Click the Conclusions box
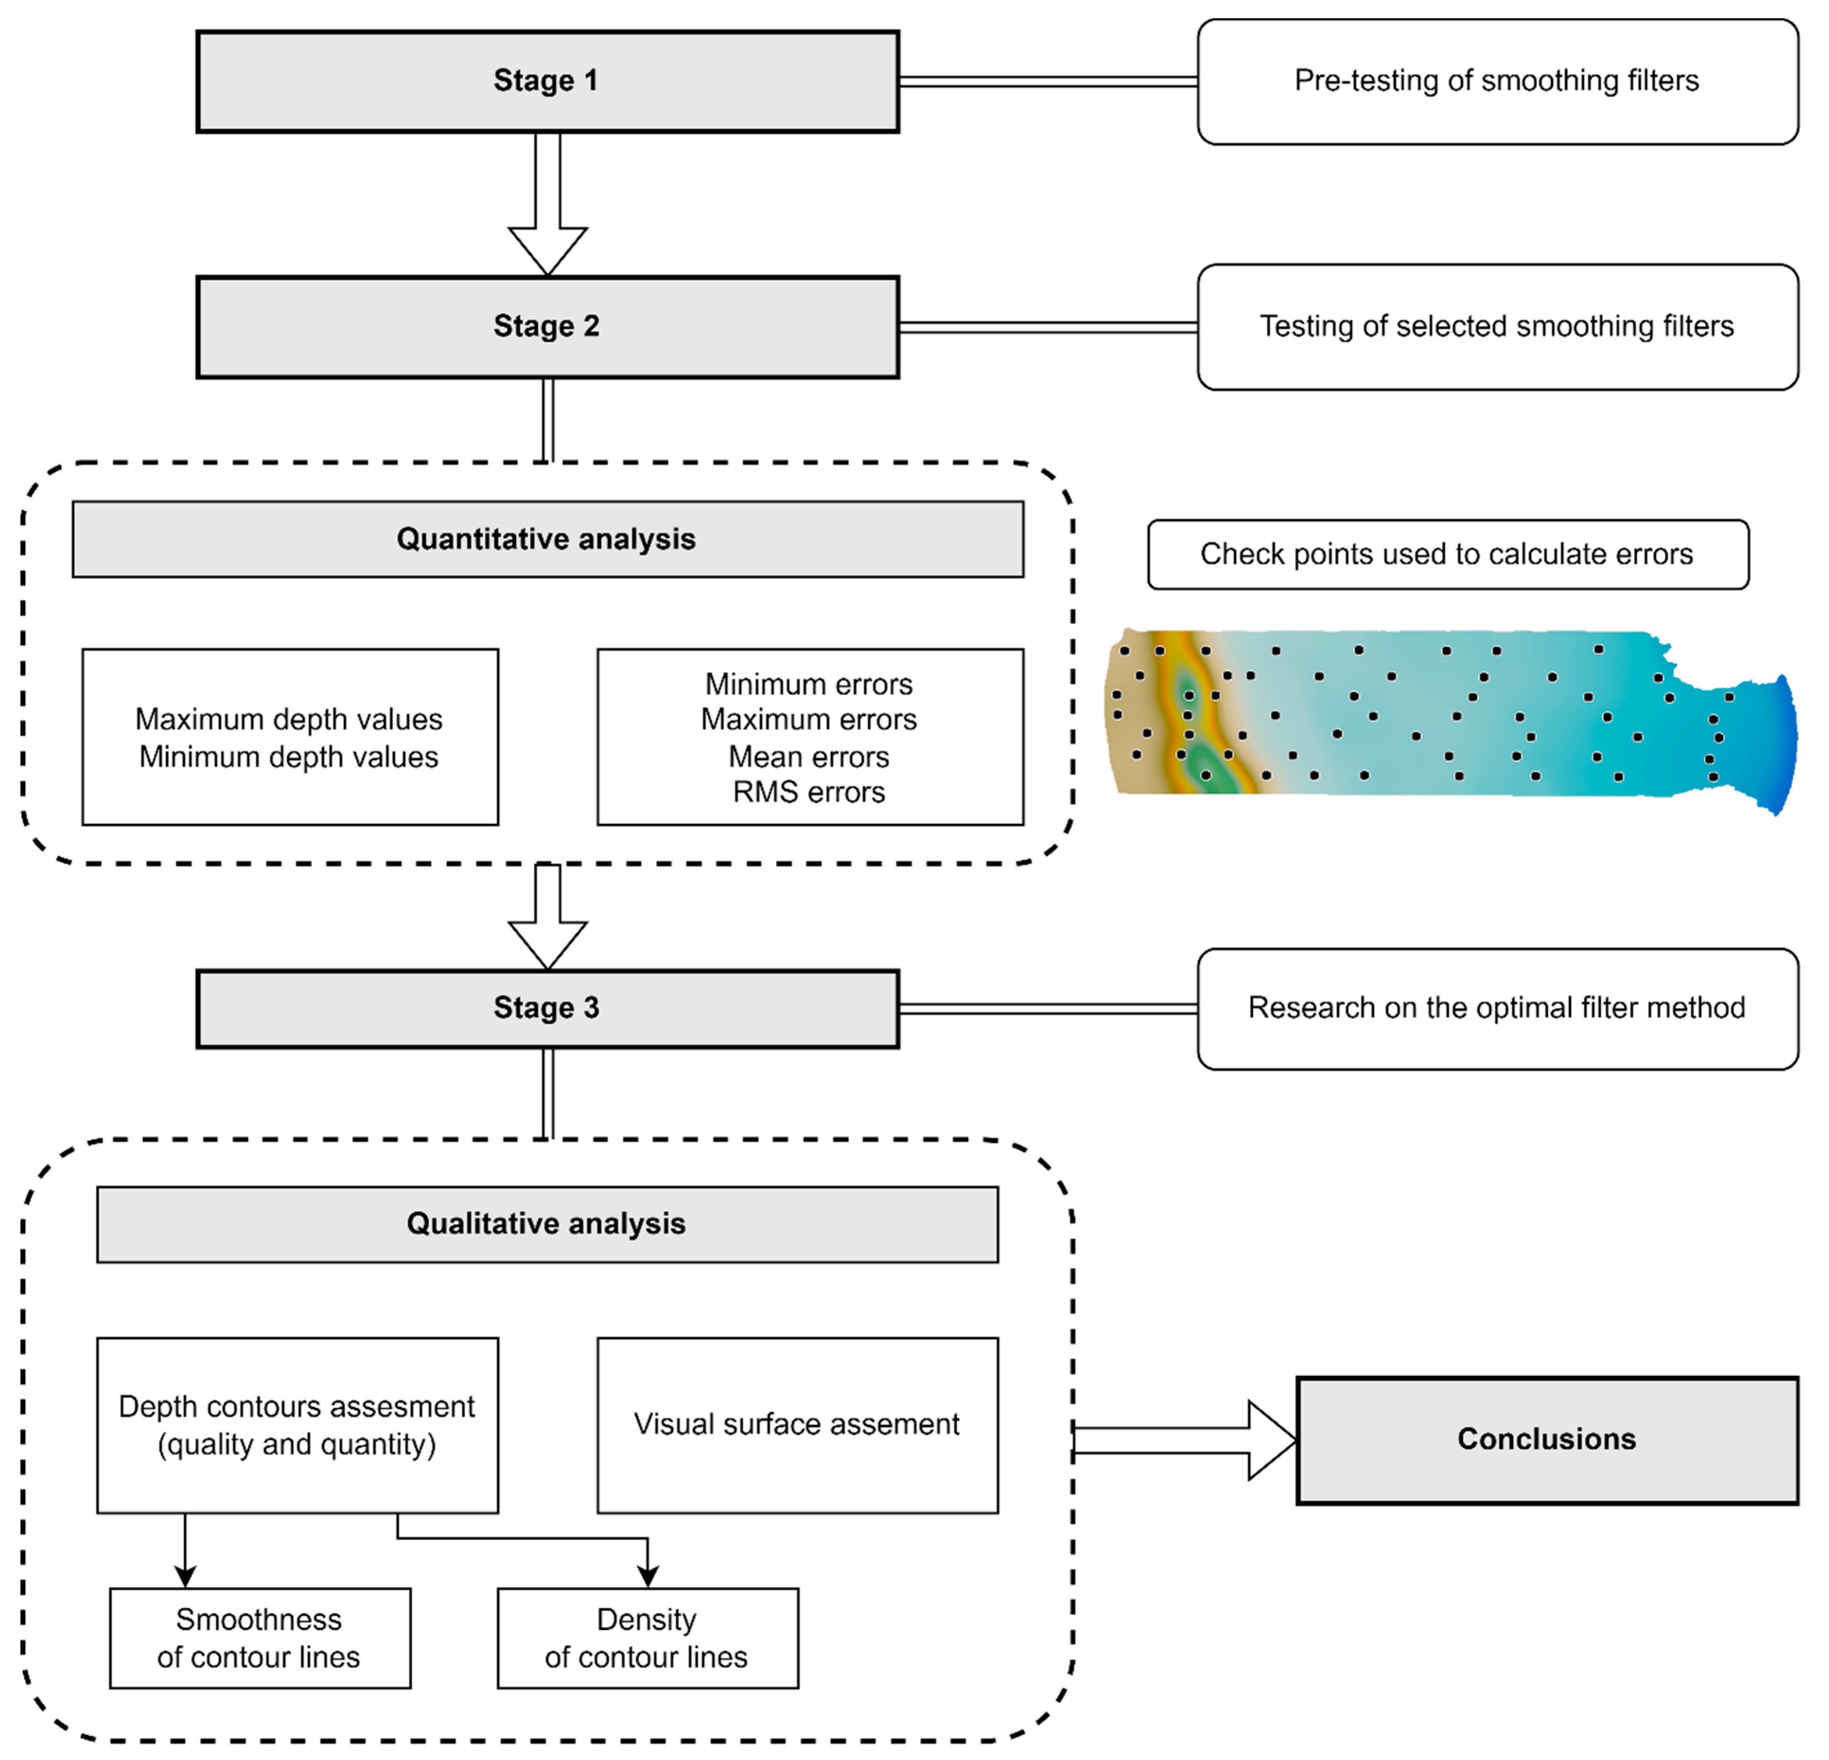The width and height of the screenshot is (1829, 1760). click(x=1546, y=1439)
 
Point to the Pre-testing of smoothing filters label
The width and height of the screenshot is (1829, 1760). click(x=1497, y=81)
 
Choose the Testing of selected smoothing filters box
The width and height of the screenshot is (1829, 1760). click(x=1497, y=327)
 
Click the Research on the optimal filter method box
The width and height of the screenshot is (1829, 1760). click(x=1497, y=1008)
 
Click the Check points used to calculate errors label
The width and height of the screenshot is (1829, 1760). click(x=1447, y=554)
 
